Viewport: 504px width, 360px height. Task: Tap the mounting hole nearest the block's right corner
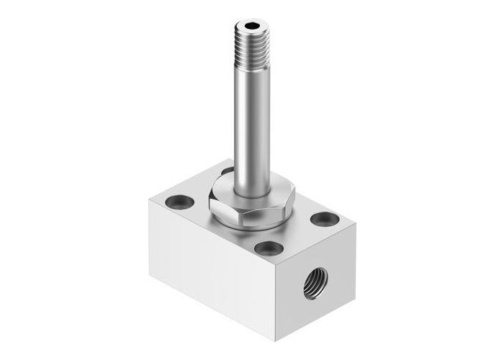[321, 219]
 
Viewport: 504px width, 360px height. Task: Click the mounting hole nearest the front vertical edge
[269, 249]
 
